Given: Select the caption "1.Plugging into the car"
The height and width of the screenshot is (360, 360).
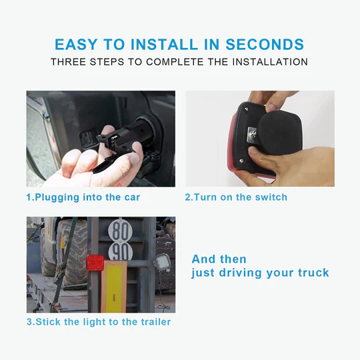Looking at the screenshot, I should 83,197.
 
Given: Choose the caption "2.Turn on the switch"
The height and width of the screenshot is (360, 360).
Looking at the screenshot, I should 236,197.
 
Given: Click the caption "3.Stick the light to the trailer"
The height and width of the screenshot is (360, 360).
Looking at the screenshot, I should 99,322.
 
